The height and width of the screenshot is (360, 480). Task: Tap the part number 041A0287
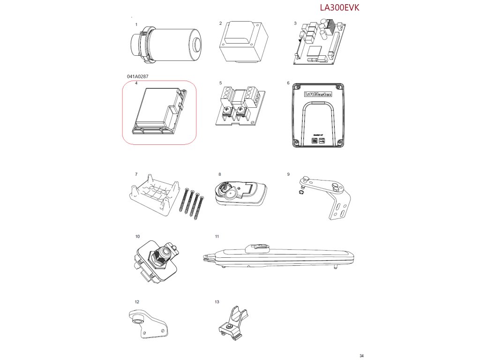pyautogui.click(x=138, y=76)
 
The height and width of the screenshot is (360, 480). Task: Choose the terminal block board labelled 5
pyautogui.click(x=239, y=107)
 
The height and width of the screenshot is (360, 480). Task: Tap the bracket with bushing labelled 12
pyautogui.click(x=146, y=324)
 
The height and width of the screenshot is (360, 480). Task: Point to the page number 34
pyautogui.click(x=361, y=355)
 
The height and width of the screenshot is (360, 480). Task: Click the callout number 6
pyautogui.click(x=288, y=83)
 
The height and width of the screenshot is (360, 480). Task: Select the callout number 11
pyautogui.click(x=217, y=236)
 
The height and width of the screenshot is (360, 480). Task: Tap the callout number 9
pyautogui.click(x=288, y=174)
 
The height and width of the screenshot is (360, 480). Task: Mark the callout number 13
pyautogui.click(x=217, y=302)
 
